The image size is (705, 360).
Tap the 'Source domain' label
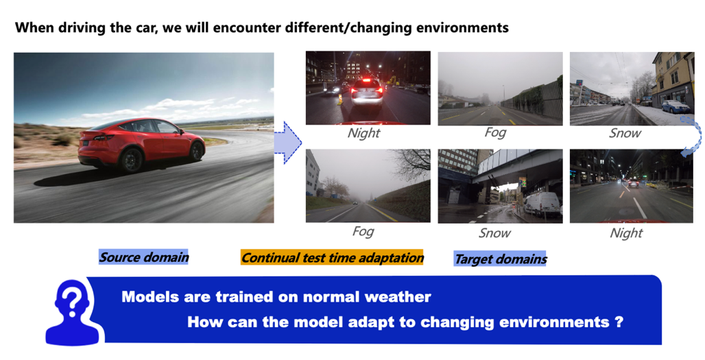(143, 257)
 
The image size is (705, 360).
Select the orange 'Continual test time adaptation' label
(332, 258)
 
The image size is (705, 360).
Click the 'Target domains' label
(500, 259)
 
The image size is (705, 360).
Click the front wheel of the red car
(197, 151)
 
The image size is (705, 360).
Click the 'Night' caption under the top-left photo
(363, 133)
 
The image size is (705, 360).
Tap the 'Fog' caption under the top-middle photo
(495, 132)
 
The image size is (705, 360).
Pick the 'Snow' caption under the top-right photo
(625, 133)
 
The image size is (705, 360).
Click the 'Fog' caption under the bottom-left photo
(363, 232)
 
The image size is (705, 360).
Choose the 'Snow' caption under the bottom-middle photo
(494, 233)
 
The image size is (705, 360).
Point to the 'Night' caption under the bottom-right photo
(626, 233)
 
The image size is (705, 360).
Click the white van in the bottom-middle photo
(542, 204)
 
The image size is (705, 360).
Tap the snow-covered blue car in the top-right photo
(676, 106)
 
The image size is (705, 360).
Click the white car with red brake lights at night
(367, 93)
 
